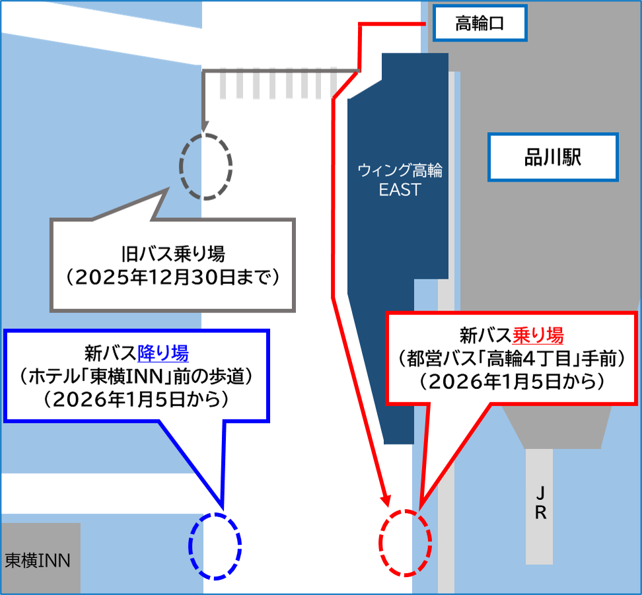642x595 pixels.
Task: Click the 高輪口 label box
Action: tap(480, 24)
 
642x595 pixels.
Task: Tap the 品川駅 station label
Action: tap(552, 157)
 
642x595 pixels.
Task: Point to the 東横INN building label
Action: tap(37, 561)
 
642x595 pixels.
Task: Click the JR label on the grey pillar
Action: tap(540, 503)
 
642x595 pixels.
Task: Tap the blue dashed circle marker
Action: tap(215, 545)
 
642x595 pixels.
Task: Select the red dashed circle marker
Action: tap(404, 542)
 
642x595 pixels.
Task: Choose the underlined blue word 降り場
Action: tap(163, 353)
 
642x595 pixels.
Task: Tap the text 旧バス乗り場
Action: tap(173, 254)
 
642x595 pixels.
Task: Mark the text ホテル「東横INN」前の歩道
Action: tap(137, 377)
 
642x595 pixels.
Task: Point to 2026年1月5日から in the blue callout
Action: tap(137, 400)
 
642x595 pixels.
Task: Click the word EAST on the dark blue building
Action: tap(400, 190)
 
